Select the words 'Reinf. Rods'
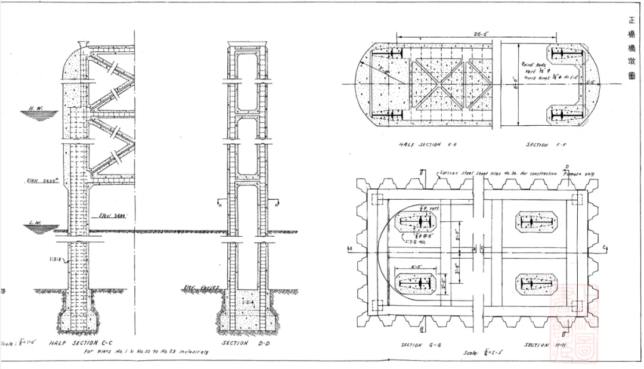point(532,63)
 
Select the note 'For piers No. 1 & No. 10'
point(149,352)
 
